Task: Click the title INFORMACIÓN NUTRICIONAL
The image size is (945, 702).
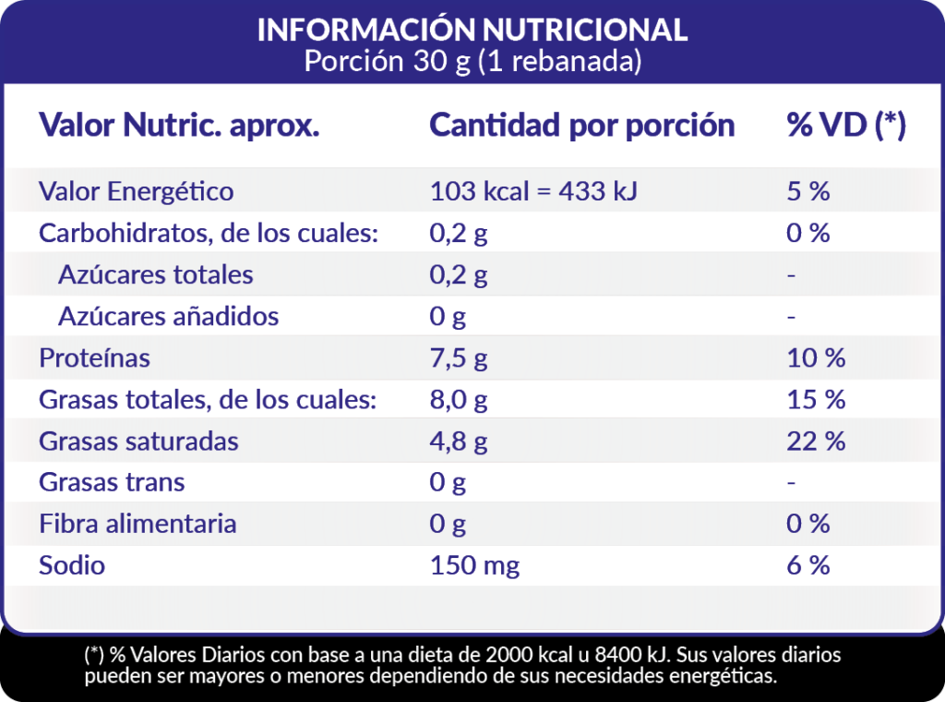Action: [x=472, y=30]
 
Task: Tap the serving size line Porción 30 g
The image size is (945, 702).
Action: [x=472, y=62]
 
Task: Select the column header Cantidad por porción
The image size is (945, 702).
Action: [x=582, y=126]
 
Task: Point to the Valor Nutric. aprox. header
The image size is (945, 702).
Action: [x=179, y=126]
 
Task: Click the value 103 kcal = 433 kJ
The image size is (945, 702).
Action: [x=534, y=191]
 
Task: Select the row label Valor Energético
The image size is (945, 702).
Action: [x=136, y=191]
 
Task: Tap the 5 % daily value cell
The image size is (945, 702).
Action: [x=807, y=191]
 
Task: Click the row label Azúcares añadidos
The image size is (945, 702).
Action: [x=168, y=316]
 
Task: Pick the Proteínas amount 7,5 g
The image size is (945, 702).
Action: [x=459, y=357]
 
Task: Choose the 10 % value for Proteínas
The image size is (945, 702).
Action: [x=816, y=357]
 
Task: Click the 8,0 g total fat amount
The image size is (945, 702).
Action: [x=459, y=400]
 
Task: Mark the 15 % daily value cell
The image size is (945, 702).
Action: [x=816, y=400]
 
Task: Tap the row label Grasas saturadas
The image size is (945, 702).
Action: [x=138, y=442]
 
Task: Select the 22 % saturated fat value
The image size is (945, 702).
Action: [x=816, y=442]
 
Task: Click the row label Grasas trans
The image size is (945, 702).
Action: [x=112, y=482]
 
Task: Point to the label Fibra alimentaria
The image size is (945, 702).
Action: [x=138, y=524]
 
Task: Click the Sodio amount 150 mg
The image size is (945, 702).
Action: [x=475, y=565]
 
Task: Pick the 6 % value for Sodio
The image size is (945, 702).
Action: [x=807, y=565]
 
